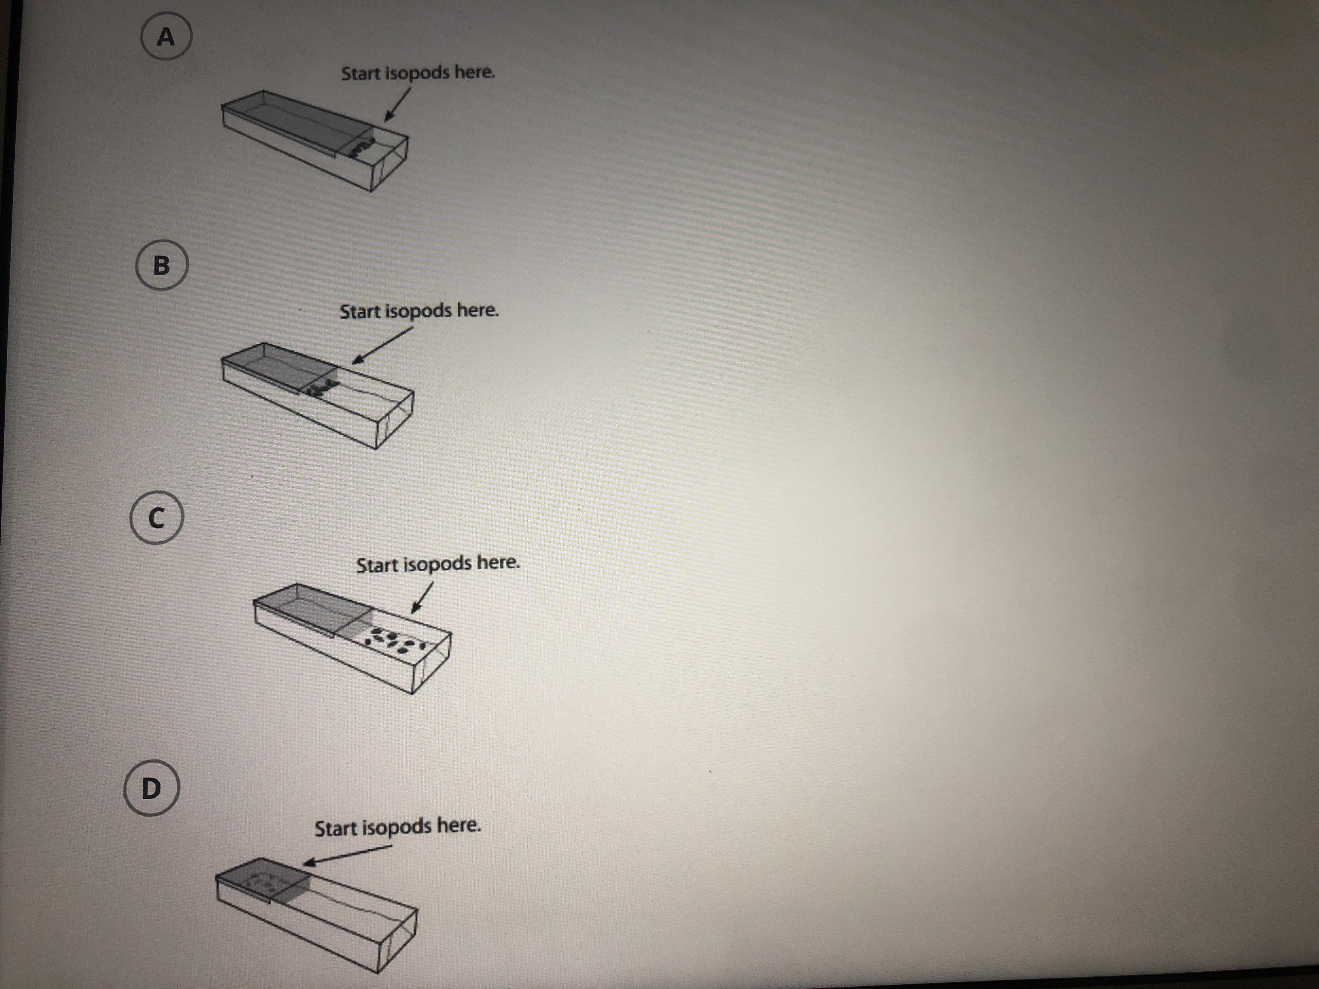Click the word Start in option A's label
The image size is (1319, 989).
pos(360,73)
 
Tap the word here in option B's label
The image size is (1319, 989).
pos(477,311)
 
